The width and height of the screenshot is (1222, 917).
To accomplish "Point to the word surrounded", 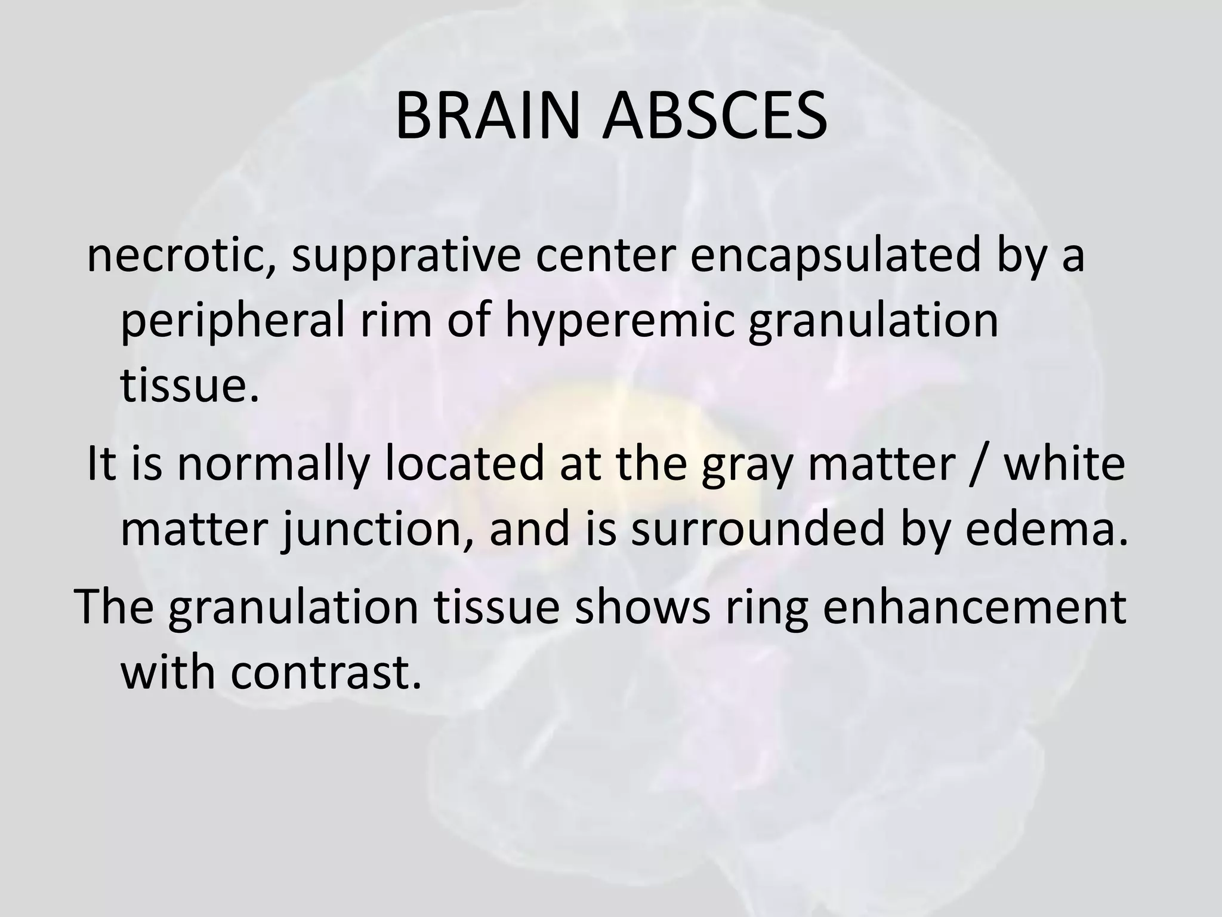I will [757, 530].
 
